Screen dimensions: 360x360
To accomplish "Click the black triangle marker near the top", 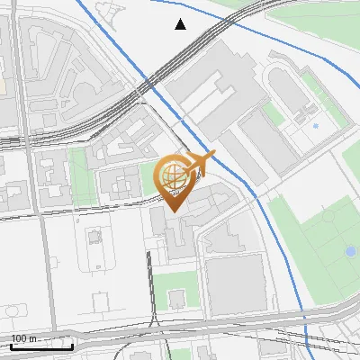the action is click(x=181, y=24).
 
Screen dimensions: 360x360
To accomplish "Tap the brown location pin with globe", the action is click(x=174, y=183).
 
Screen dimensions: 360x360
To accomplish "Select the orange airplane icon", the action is click(x=202, y=164).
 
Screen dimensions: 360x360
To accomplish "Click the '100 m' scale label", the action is click(x=24, y=338).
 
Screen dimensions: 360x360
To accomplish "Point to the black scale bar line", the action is click(x=41, y=346).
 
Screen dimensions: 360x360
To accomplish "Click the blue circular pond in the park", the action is click(x=350, y=252).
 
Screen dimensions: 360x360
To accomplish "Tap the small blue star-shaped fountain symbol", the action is click(x=315, y=124).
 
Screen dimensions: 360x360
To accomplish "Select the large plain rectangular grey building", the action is click(x=237, y=283).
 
